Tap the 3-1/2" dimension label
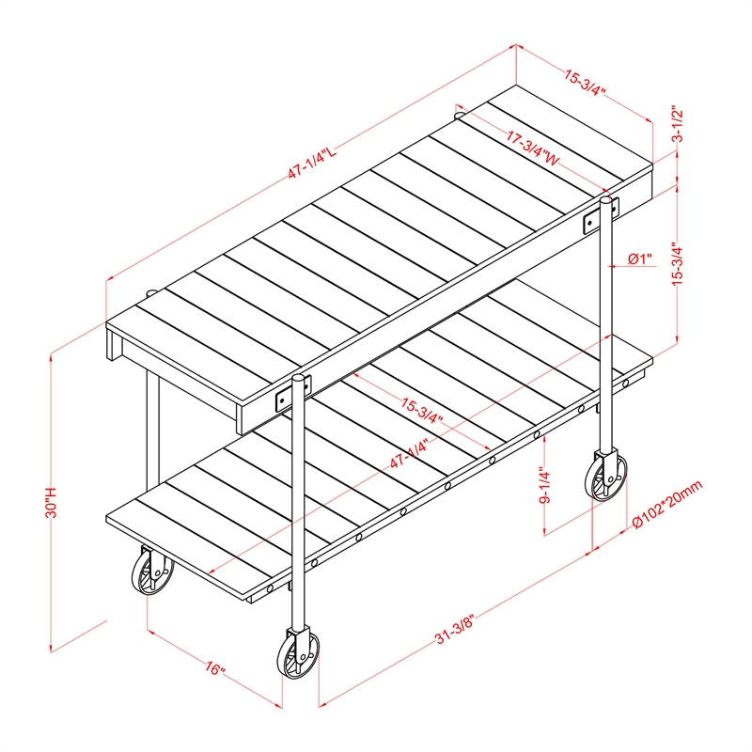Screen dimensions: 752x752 click(x=678, y=124)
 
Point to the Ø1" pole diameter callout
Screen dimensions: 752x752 click(x=640, y=259)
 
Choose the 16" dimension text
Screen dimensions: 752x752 click(x=215, y=668)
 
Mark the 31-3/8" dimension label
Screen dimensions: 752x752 click(x=455, y=629)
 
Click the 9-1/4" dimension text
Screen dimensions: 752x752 click(x=544, y=485)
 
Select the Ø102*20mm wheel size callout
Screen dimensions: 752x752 click(x=667, y=504)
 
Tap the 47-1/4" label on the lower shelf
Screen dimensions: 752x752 click(x=409, y=454)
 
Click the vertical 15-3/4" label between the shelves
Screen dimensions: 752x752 click(x=677, y=264)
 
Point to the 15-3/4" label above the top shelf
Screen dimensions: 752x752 click(x=585, y=83)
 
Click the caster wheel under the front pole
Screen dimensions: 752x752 click(x=298, y=653)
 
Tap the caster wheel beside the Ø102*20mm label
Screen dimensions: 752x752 click(x=606, y=476)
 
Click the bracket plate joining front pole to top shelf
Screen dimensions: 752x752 click(x=293, y=392)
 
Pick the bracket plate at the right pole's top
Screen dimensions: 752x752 click(x=602, y=215)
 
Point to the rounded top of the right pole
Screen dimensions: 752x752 click(x=606, y=199)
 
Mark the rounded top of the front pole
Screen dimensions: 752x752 click(x=298, y=378)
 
